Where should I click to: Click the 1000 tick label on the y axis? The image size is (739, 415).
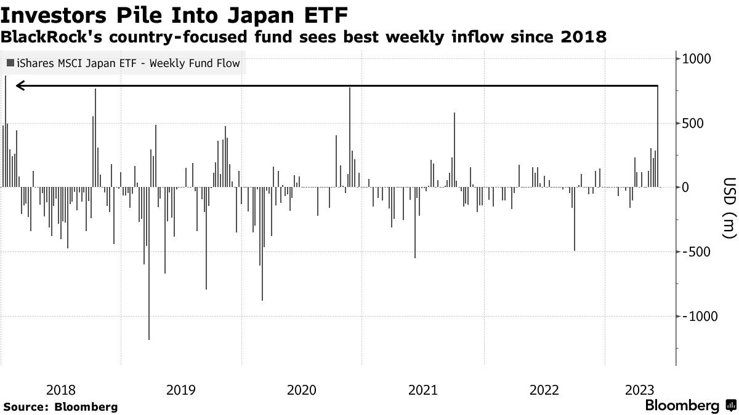point(696,59)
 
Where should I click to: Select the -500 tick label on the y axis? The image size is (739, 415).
point(695,252)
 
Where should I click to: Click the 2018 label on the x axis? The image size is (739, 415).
point(61,390)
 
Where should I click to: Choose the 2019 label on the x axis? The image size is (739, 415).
point(182,390)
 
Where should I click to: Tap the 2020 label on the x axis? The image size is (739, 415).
point(302,390)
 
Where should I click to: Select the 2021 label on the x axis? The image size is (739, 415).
point(423,390)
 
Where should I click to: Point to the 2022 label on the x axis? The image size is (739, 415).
point(544,390)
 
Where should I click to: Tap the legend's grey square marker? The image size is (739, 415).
point(10,63)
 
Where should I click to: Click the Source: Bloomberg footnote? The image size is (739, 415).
point(60,406)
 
